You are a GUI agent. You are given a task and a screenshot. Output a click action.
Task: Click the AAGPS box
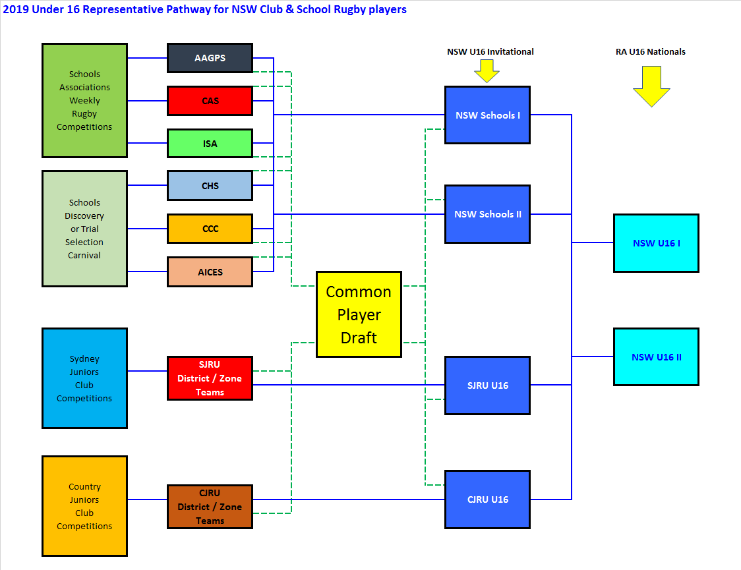[210, 58]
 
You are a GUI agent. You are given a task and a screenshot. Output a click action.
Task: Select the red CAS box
[210, 101]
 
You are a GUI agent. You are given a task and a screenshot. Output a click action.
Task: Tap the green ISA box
[210, 144]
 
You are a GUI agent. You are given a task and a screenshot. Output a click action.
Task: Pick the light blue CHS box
[210, 186]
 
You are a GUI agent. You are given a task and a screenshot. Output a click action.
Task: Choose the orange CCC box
[210, 229]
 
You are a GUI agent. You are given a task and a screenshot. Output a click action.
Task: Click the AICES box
[210, 271]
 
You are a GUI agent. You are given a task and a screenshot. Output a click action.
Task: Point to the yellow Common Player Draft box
[359, 314]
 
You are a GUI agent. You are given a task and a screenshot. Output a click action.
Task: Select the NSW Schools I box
[487, 115]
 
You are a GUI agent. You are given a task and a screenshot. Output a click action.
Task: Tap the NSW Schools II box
[487, 214]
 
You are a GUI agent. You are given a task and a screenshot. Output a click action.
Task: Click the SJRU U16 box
[487, 385]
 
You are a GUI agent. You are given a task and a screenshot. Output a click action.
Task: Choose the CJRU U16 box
[487, 499]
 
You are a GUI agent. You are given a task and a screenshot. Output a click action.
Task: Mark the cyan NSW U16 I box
[656, 243]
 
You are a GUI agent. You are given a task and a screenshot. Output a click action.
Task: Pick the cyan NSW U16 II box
[656, 357]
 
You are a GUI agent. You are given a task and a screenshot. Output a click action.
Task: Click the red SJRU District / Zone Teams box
[210, 378]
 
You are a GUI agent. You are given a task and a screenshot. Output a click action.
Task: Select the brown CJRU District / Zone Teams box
[210, 507]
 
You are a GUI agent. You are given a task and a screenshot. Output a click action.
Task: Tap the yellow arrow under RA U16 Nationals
[651, 86]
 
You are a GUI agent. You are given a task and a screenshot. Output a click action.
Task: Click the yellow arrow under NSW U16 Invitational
[487, 71]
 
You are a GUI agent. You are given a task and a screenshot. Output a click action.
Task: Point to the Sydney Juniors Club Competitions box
[84, 378]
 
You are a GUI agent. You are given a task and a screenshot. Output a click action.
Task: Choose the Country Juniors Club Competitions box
[84, 506]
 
